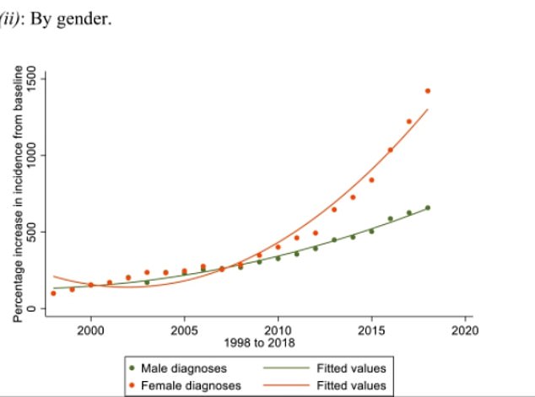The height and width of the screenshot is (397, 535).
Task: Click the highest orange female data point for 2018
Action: point(428,91)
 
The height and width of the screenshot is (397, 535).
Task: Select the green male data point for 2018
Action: point(428,207)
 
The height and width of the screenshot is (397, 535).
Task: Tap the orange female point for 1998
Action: point(53,292)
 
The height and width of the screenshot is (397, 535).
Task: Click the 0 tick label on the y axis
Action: point(31,308)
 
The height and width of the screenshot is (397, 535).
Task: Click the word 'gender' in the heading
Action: point(89,18)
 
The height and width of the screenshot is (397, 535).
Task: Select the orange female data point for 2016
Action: point(390,150)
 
